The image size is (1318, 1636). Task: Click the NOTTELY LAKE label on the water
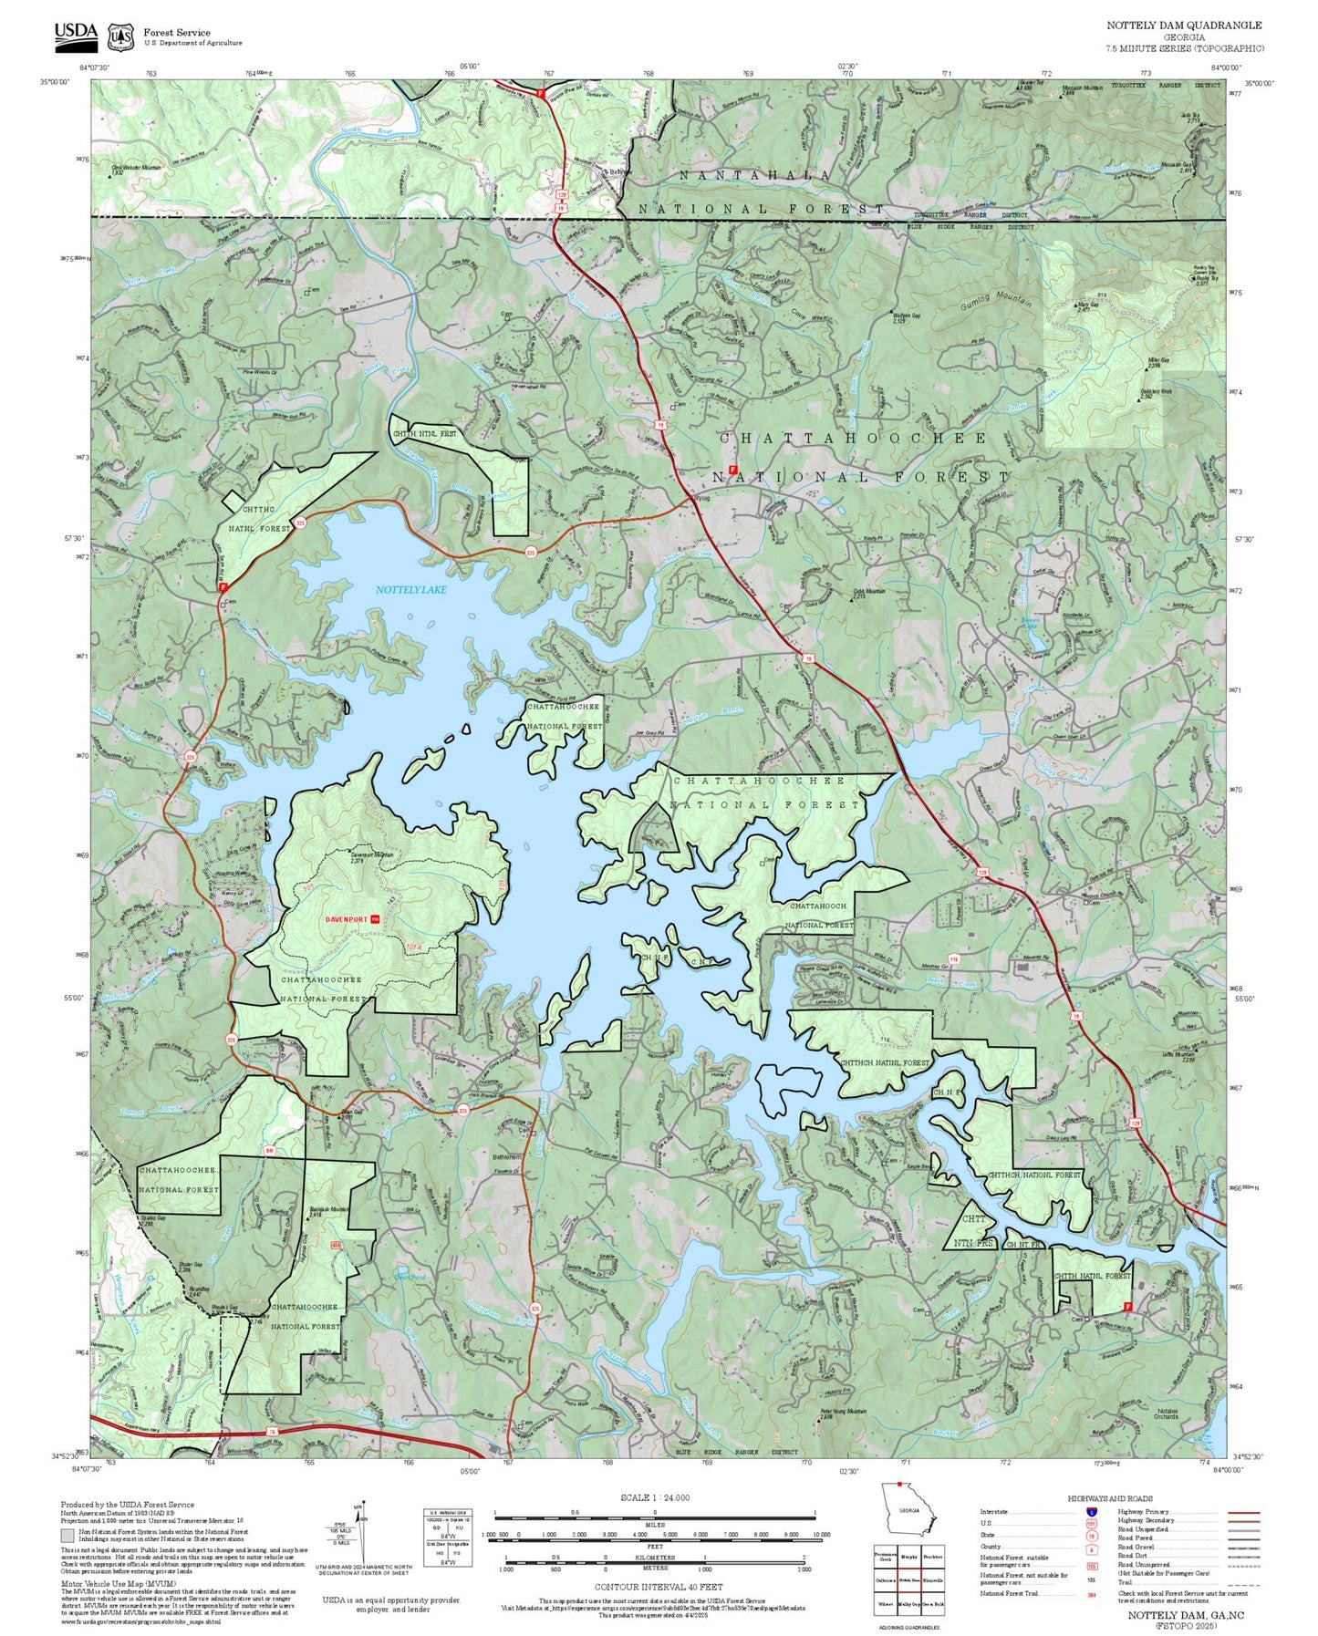click(411, 590)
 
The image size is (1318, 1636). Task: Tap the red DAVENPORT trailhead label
click(347, 919)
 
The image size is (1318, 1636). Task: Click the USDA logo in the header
click(75, 33)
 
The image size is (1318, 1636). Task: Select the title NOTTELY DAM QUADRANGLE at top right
click(1184, 26)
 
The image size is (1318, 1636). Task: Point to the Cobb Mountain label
click(869, 592)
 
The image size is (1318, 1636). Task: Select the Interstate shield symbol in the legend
click(1091, 1512)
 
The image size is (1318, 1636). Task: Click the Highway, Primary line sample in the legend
click(1242, 1512)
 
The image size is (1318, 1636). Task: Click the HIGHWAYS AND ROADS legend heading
click(1110, 1498)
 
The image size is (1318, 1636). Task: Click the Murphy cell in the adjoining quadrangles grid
click(908, 1557)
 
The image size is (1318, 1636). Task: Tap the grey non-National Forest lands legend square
click(67, 1536)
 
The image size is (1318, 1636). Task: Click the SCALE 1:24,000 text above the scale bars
click(654, 1498)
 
